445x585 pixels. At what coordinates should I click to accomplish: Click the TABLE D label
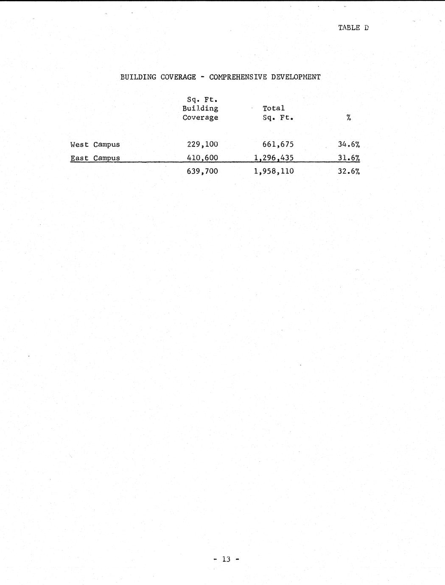click(353, 28)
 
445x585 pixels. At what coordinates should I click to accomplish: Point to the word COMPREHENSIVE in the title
click(238, 77)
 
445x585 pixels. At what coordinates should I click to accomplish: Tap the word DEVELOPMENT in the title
click(296, 77)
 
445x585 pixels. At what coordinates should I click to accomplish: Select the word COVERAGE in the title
click(178, 77)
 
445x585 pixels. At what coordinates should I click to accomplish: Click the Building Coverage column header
click(200, 109)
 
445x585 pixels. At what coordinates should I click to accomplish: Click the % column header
click(348, 118)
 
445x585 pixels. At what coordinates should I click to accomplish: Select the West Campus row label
click(95, 145)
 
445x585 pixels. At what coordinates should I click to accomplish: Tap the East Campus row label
click(95, 158)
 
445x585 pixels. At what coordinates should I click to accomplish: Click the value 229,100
click(202, 145)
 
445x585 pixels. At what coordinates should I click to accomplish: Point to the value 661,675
click(278, 145)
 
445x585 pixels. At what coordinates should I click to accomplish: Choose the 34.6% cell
click(349, 145)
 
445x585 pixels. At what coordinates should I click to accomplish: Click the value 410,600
click(202, 158)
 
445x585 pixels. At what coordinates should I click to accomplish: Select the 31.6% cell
click(349, 158)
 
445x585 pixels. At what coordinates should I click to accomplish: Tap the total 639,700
click(202, 171)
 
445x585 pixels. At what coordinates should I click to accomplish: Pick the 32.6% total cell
click(349, 171)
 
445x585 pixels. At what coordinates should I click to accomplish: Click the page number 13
click(226, 560)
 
